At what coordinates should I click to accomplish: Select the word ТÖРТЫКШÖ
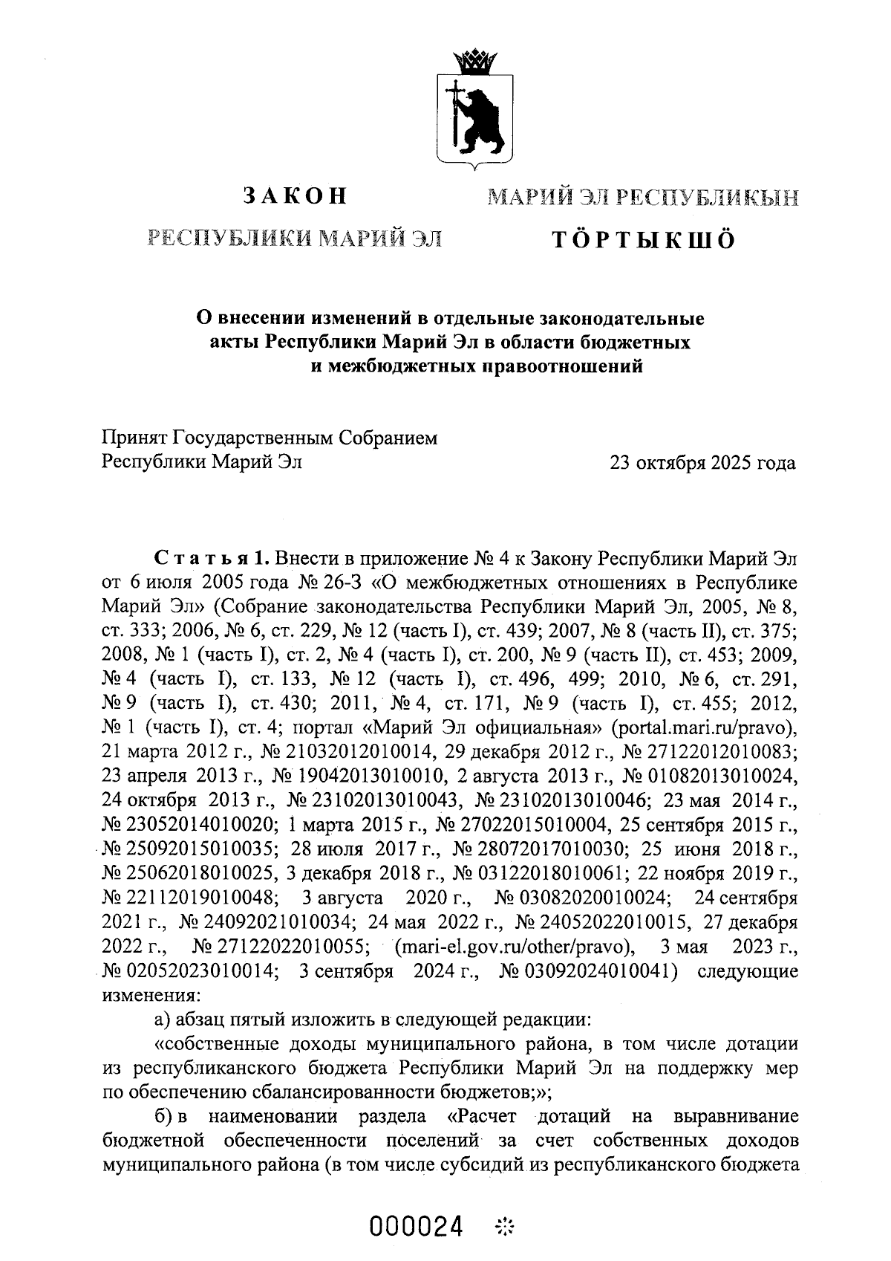(x=642, y=240)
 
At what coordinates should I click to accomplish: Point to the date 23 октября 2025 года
(x=702, y=463)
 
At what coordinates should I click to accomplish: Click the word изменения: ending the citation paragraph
(x=151, y=994)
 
